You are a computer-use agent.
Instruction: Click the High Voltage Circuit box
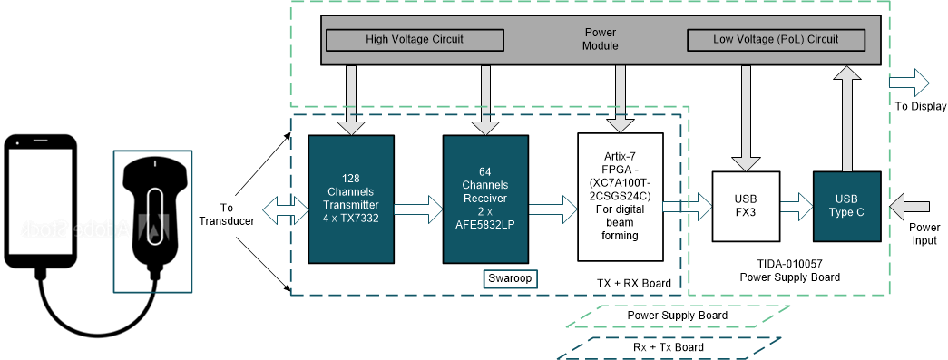pyautogui.click(x=414, y=40)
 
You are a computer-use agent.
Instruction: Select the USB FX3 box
pyautogui.click(x=746, y=206)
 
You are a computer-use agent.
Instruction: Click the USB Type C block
pyautogui.click(x=846, y=206)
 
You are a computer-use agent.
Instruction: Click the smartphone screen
pyautogui.click(x=41, y=200)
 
